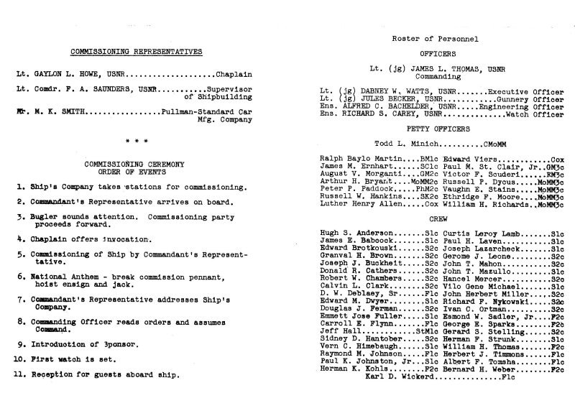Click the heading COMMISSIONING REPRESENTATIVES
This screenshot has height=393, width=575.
point(136,52)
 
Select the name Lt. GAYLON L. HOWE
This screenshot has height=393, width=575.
point(61,74)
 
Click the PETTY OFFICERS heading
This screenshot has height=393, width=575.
point(429,129)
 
